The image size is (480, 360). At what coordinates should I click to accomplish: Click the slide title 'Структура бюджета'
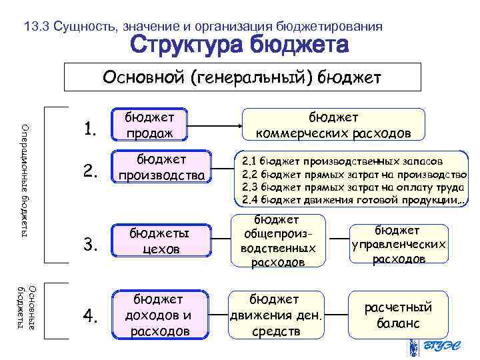(x=239, y=46)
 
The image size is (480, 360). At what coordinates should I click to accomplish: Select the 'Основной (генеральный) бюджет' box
(x=242, y=78)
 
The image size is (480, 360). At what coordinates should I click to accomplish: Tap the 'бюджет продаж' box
(x=149, y=125)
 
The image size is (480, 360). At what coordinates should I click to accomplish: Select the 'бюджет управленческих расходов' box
(x=398, y=244)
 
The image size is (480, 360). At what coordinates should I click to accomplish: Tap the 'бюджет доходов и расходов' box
(x=157, y=314)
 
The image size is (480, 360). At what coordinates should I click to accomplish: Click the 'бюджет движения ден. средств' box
(x=275, y=314)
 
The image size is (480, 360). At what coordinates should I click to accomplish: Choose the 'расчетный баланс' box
(x=397, y=315)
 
